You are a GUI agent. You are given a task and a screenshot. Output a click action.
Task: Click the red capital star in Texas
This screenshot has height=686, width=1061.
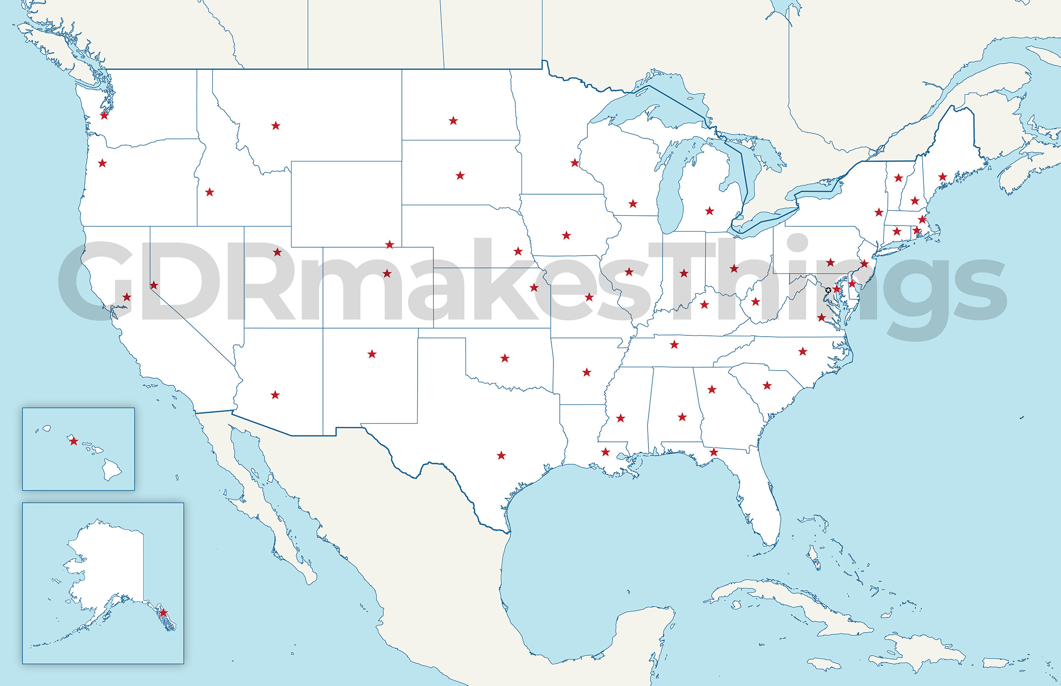click(x=501, y=455)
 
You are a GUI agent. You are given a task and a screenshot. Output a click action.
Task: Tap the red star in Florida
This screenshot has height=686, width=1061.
click(x=714, y=452)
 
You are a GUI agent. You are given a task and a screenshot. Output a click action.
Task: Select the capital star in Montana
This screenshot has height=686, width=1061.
click(x=275, y=125)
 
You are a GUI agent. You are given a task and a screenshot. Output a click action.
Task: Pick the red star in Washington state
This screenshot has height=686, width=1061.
click(x=104, y=115)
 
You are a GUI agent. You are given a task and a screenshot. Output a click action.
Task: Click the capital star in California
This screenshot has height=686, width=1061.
click(x=126, y=297)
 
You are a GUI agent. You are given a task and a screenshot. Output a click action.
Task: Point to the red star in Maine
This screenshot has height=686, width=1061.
click(x=942, y=177)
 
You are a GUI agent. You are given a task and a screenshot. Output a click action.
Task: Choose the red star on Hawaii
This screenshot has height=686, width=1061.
click(x=73, y=441)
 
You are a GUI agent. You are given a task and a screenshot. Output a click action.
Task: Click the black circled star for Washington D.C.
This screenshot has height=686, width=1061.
click(x=828, y=290)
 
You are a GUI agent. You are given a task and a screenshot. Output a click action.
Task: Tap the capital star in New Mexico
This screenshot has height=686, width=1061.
click(x=372, y=354)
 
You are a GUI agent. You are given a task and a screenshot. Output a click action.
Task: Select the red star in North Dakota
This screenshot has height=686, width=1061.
click(x=453, y=120)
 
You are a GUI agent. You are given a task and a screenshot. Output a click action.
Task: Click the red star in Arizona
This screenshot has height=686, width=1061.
click(x=275, y=395)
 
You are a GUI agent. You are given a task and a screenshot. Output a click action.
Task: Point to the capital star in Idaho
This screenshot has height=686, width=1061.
click(x=209, y=192)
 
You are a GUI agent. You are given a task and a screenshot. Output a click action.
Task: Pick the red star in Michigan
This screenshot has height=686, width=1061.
click(x=709, y=211)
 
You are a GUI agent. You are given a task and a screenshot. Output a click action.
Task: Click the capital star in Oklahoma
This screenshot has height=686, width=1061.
click(x=505, y=358)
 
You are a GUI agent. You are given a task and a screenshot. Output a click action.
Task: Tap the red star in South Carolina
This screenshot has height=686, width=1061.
click(x=767, y=385)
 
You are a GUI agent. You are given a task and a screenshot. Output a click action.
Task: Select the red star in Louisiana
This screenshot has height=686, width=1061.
click(x=605, y=452)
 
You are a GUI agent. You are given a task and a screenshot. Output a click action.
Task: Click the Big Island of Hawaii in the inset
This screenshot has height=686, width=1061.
click(x=112, y=470)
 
